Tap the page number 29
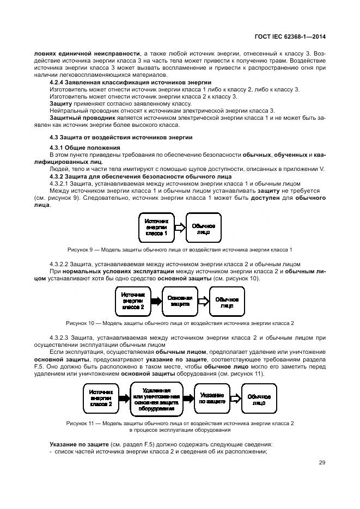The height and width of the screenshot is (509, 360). [x=322, y=462]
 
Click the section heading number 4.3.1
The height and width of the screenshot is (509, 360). [x=58, y=148]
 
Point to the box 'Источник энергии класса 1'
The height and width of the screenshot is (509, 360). [x=157, y=226]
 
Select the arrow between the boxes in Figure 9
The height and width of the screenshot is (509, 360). [x=180, y=227]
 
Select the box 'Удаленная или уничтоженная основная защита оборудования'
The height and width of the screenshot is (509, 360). [x=156, y=399]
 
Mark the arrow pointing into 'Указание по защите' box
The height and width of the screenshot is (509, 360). [x=188, y=399]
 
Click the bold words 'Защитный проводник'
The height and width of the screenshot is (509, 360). [x=75, y=117]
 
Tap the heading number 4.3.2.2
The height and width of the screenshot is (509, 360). [x=63, y=263]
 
